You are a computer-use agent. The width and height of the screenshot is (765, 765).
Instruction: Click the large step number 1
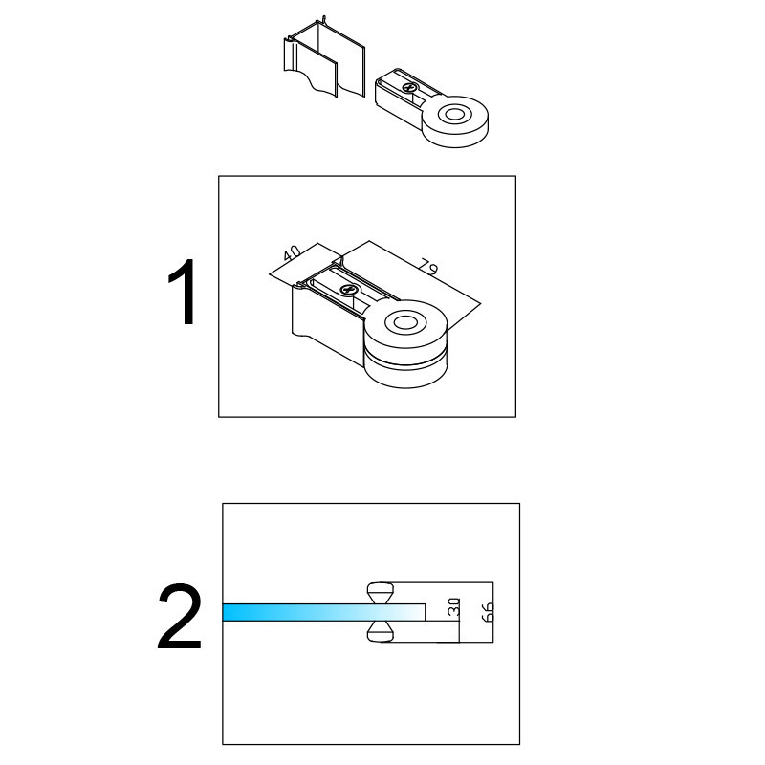click(184, 292)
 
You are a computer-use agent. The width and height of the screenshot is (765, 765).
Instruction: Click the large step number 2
click(179, 617)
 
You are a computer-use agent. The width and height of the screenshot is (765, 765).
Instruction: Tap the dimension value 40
click(293, 252)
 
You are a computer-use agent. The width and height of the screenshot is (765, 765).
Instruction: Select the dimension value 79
click(429, 268)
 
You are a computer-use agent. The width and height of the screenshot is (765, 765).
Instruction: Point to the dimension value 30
click(453, 607)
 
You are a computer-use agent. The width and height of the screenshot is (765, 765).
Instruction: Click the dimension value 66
click(488, 612)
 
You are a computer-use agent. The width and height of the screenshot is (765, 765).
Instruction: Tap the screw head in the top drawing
click(409, 88)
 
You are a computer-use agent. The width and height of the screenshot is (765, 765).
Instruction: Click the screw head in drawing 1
click(349, 290)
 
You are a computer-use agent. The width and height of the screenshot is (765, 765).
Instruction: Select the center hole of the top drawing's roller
click(455, 115)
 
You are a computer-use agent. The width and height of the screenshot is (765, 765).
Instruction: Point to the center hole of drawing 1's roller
click(404, 322)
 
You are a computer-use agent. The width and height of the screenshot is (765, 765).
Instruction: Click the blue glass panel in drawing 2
click(323, 612)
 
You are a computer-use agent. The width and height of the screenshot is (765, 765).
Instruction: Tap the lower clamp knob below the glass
click(380, 631)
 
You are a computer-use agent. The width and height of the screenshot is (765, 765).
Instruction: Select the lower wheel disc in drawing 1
click(405, 371)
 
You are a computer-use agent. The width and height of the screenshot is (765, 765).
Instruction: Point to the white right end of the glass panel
click(415, 612)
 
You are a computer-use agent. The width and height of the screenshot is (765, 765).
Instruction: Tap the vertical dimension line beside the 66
click(493, 612)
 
